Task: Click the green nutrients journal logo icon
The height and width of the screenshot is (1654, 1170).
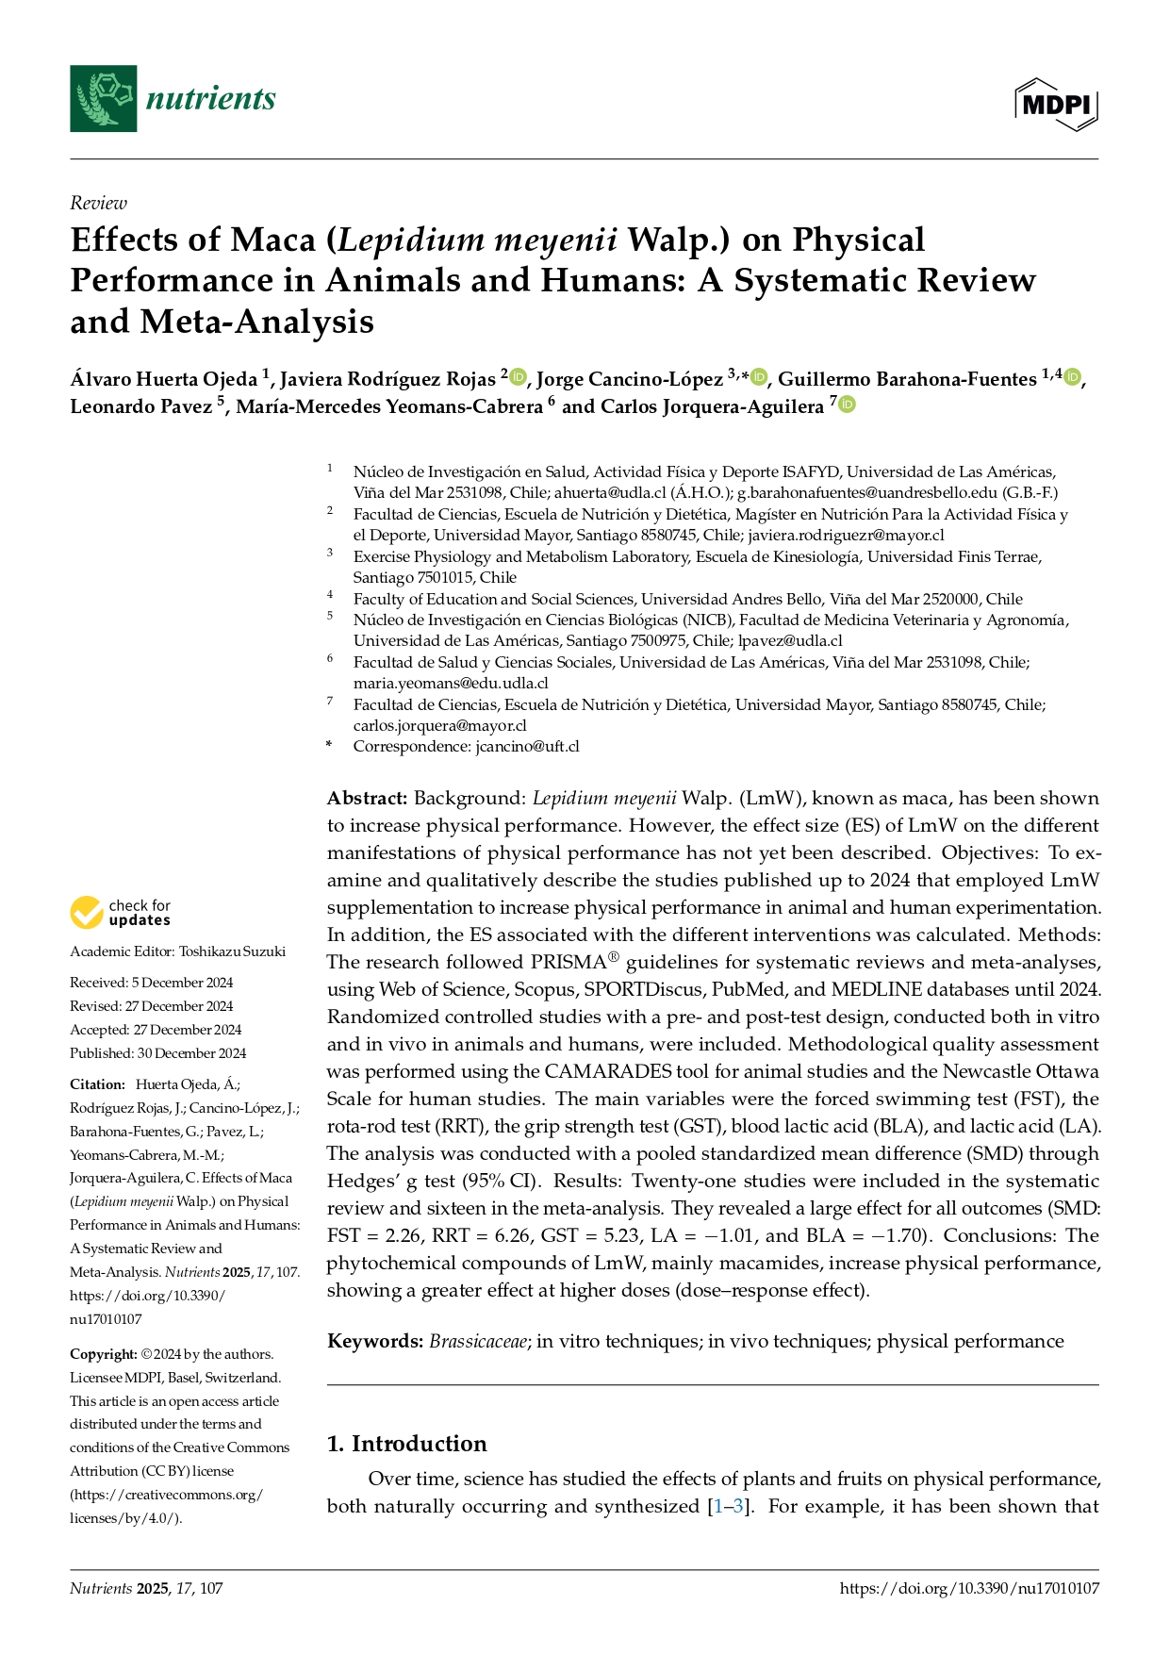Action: (103, 98)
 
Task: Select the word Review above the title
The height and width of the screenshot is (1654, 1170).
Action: (98, 203)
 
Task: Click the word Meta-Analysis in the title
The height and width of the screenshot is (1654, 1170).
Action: (257, 322)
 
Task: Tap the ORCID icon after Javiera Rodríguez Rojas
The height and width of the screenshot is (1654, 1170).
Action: (518, 378)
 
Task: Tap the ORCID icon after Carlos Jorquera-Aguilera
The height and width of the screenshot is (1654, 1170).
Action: (847, 405)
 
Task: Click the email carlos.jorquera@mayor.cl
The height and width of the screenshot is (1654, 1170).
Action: (439, 725)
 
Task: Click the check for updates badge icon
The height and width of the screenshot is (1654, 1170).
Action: (87, 913)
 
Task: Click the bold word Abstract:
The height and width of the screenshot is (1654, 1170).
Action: (367, 799)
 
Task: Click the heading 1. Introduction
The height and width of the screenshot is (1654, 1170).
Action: (406, 1444)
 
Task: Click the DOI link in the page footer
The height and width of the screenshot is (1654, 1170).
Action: (968, 1588)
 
